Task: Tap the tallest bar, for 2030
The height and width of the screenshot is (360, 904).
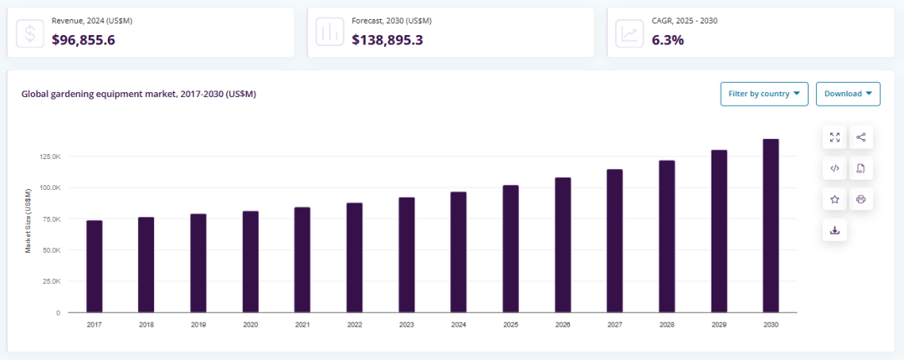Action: click(771, 226)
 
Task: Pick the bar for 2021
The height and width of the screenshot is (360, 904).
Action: click(302, 260)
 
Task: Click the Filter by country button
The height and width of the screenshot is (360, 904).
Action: click(763, 94)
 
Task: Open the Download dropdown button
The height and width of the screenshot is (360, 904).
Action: click(848, 94)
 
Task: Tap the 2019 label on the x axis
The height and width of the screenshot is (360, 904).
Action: click(198, 324)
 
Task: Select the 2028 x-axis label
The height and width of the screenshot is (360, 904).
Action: click(667, 324)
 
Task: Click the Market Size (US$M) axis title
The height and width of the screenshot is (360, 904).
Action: click(28, 221)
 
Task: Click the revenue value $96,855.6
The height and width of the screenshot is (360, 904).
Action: click(84, 39)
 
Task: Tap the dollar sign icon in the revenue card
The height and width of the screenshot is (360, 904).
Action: click(31, 33)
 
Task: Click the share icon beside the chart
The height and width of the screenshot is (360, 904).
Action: click(860, 137)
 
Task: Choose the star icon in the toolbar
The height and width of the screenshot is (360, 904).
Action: click(835, 199)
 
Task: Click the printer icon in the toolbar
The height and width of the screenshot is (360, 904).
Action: click(860, 199)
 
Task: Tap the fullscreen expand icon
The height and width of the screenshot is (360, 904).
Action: click(835, 137)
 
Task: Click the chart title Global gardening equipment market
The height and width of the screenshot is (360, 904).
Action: click(139, 94)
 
